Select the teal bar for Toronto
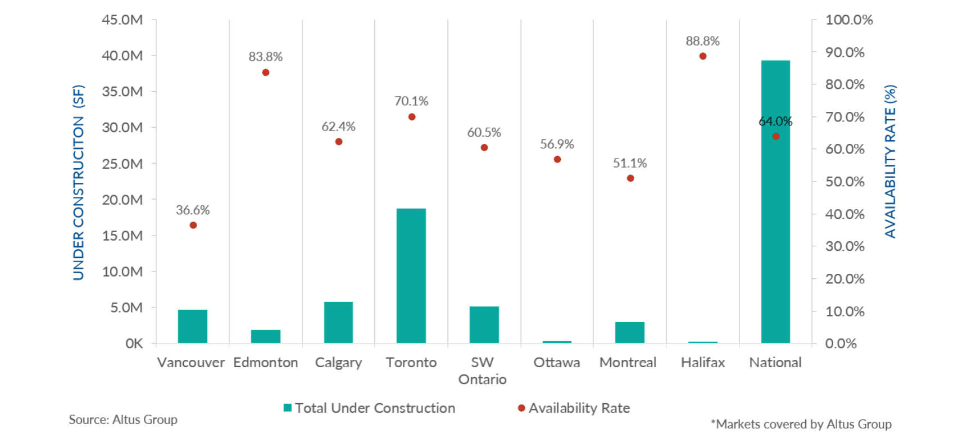point(411,276)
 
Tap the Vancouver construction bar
point(193,326)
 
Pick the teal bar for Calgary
point(338,322)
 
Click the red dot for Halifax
point(703,56)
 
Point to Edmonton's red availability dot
point(266,73)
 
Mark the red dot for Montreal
point(630,178)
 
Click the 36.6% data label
point(193,210)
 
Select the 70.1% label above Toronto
point(411,101)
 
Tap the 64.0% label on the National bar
point(775,121)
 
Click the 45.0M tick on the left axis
point(122,20)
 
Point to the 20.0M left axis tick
point(122,200)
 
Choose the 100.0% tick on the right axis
point(848,20)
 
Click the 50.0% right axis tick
point(845,182)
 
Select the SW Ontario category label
point(483,371)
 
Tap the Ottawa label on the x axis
point(557,363)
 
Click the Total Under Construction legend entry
point(369,408)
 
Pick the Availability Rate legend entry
point(574,408)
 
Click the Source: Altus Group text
point(123,419)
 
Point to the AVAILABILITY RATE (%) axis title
point(891,161)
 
